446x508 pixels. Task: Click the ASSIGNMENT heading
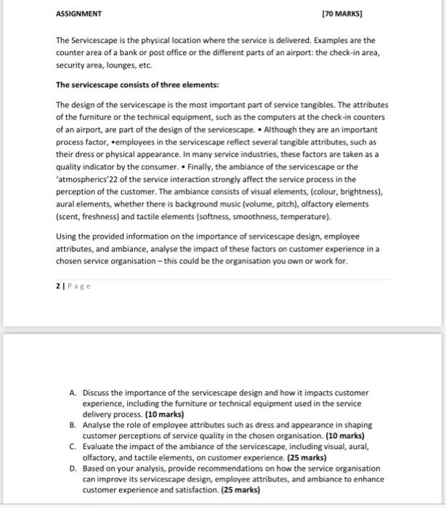pos(79,14)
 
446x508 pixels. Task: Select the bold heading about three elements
pos(127,85)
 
